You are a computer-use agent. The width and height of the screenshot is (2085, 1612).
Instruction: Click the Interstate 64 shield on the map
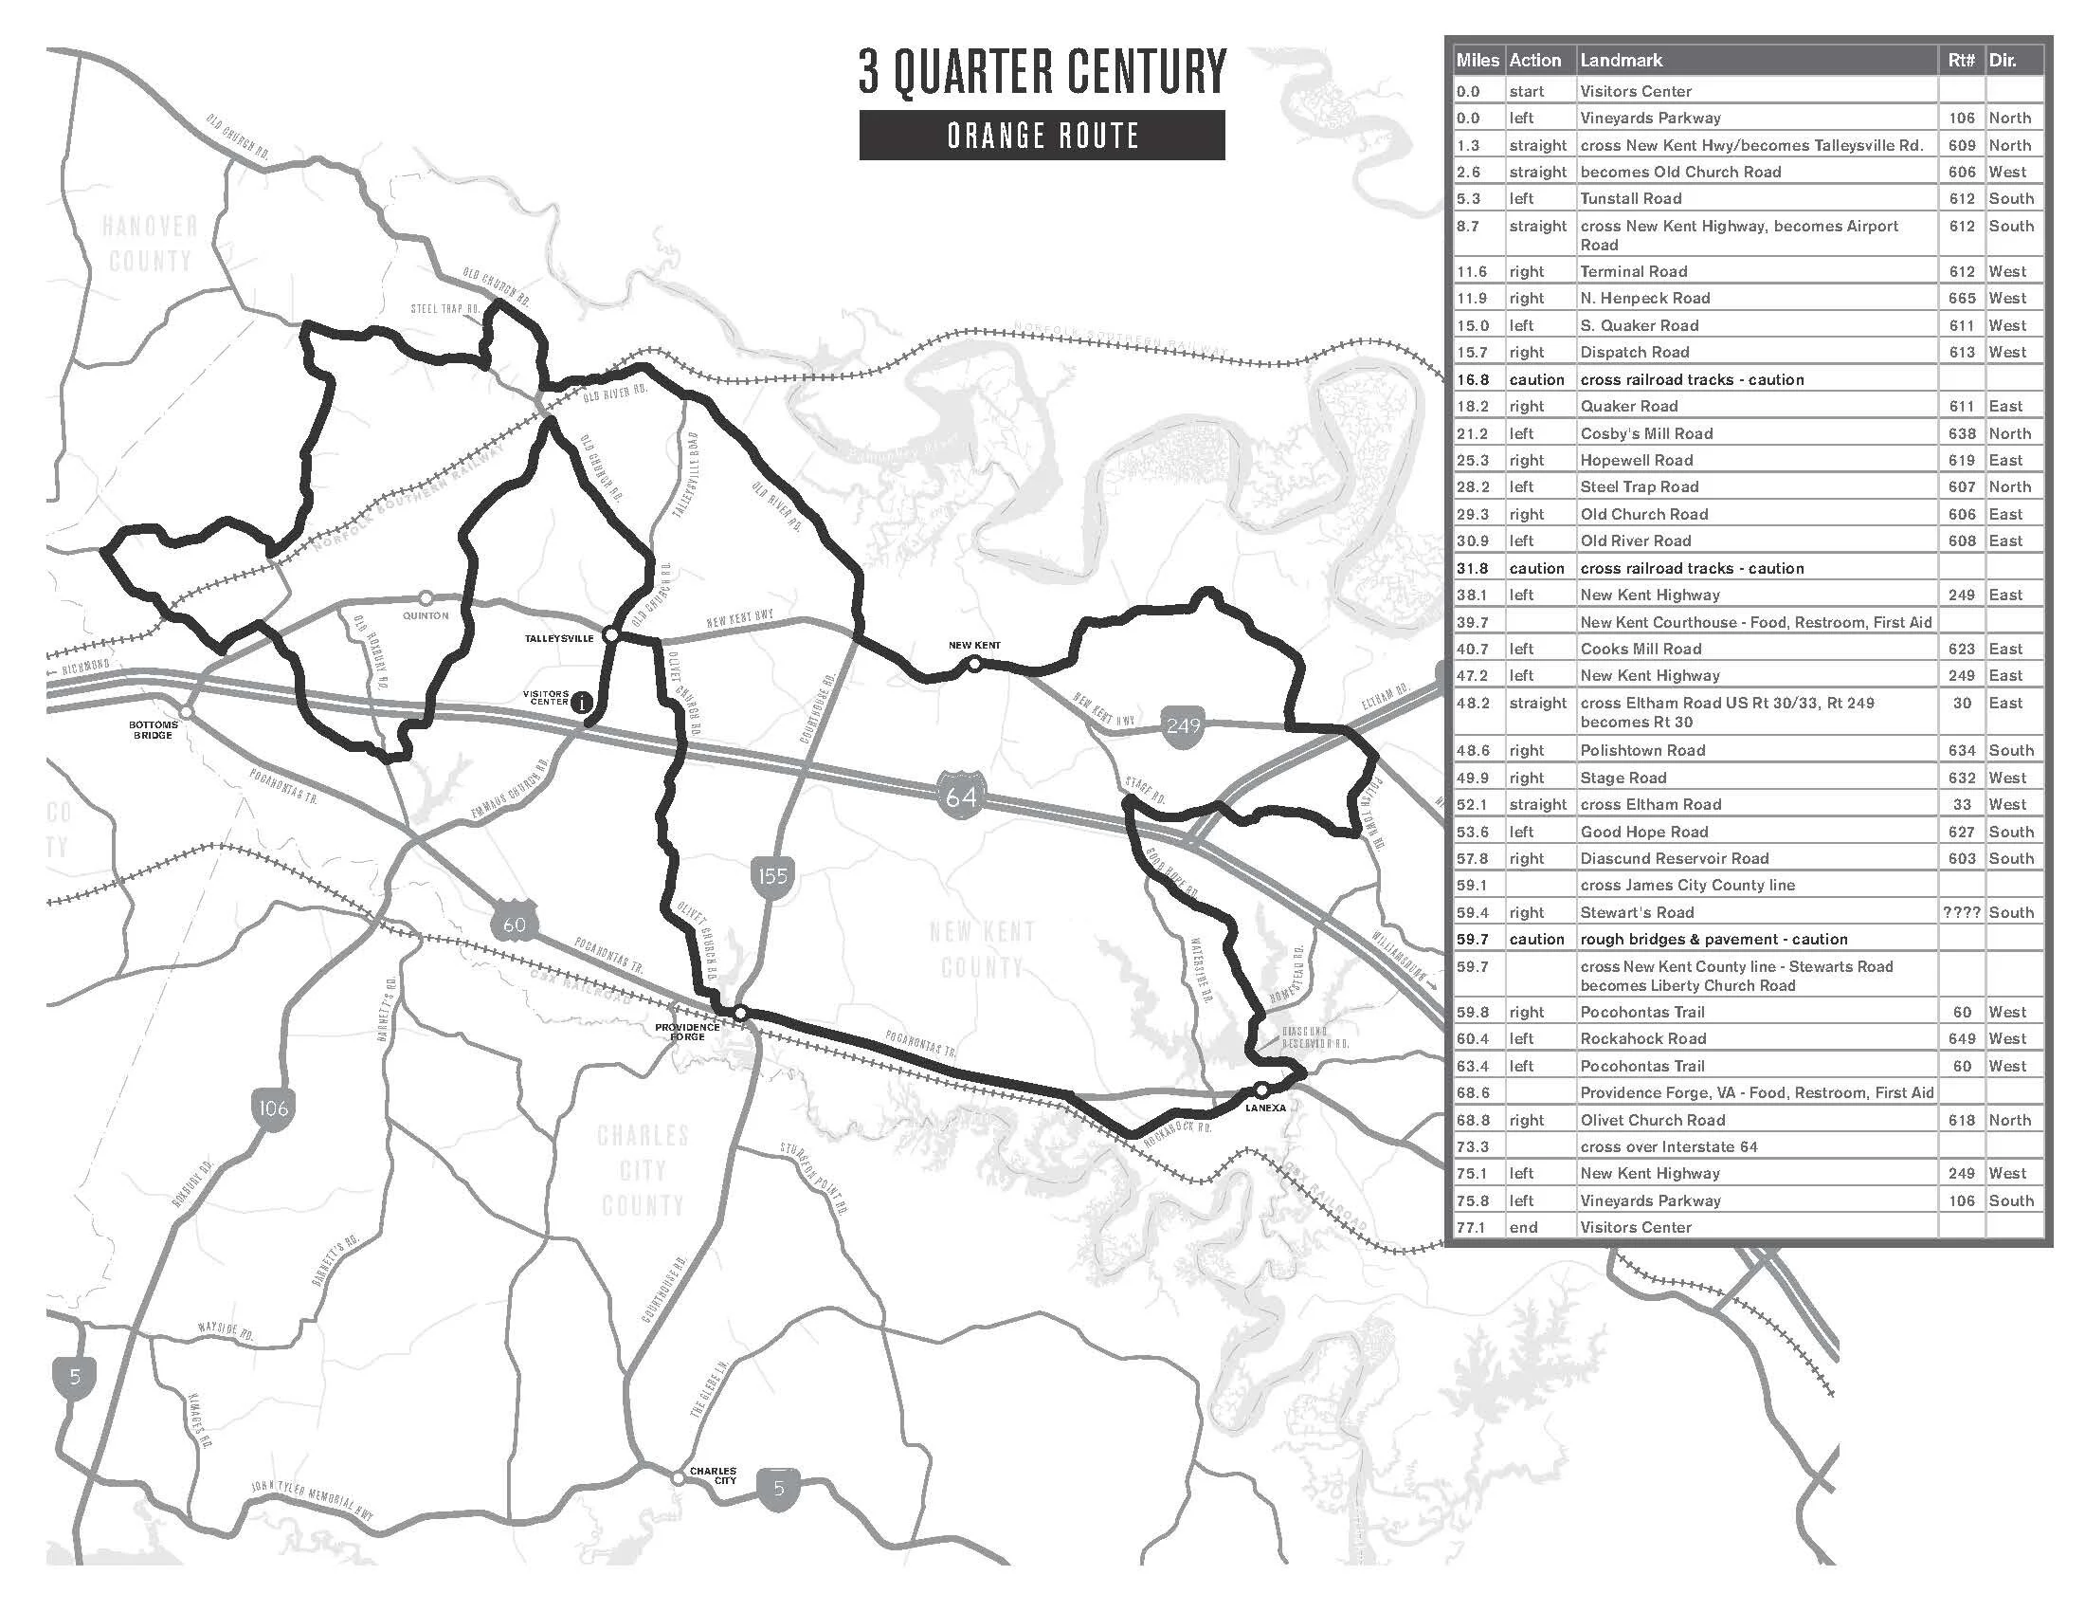[x=960, y=793]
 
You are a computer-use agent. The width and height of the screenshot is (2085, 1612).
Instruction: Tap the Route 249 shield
[x=1183, y=727]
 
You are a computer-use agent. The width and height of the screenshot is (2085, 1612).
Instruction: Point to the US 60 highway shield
[x=514, y=924]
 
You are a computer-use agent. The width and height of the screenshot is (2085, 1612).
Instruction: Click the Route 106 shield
[x=272, y=1108]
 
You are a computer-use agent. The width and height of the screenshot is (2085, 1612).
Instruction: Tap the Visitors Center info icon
[x=580, y=703]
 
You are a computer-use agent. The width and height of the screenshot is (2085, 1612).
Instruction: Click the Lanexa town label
[x=1266, y=1108]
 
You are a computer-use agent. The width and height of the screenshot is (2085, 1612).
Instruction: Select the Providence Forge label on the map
[x=687, y=1032]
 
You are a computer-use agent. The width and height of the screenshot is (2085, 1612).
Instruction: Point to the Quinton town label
[x=426, y=616]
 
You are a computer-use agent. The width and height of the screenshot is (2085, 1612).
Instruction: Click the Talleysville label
[x=558, y=638]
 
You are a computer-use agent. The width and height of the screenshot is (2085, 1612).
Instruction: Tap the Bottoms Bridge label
[x=153, y=729]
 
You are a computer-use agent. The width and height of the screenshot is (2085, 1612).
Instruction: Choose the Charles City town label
[x=713, y=1475]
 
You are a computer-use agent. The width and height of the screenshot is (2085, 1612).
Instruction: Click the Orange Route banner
[x=1042, y=136]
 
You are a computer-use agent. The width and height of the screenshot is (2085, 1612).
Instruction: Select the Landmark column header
[x=1621, y=60]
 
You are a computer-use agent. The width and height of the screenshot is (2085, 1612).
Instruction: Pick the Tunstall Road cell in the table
[x=1631, y=198]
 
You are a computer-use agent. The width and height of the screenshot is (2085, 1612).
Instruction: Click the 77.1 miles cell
[x=1471, y=1227]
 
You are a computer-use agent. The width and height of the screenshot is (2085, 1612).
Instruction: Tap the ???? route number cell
[x=1961, y=912]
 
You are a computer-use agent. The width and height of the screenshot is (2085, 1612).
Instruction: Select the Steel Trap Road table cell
[x=1640, y=487]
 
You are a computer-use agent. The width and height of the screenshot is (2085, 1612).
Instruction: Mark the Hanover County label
[x=150, y=243]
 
